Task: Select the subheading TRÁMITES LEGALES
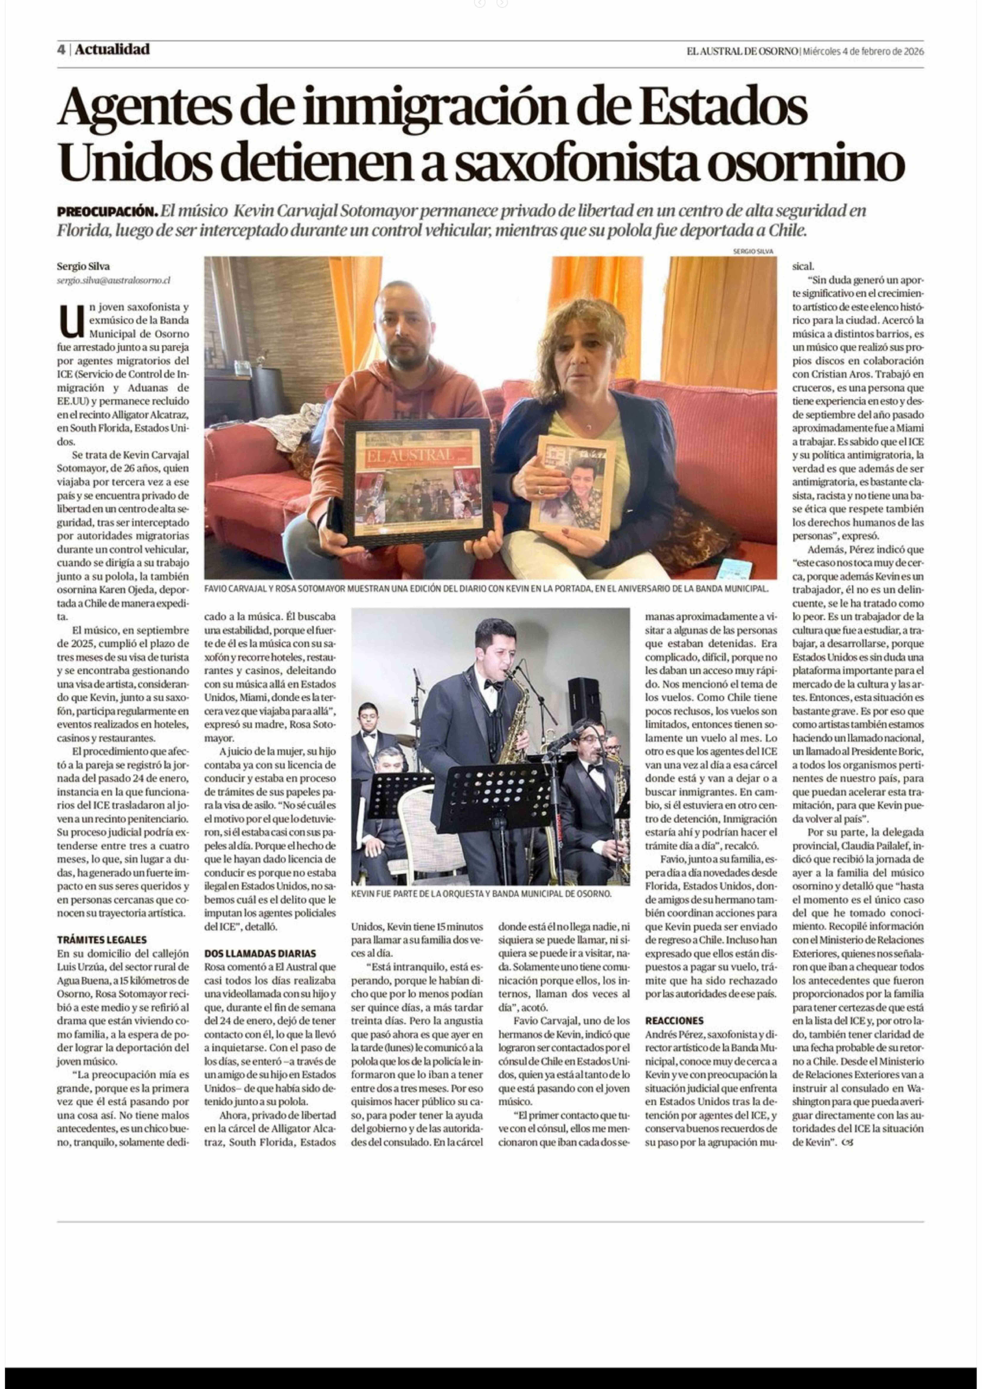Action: pos(102,939)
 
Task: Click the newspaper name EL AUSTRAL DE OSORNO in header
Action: pos(742,51)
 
